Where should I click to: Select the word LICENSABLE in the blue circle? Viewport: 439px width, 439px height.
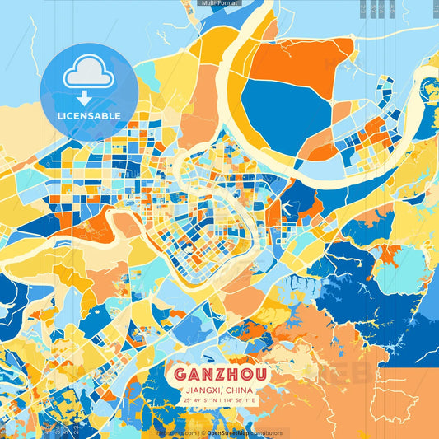pyautogui.click(x=89, y=116)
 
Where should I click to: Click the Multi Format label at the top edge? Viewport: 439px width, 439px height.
pyautogui.click(x=220, y=3)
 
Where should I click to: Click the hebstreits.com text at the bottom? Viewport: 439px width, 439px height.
pyautogui.click(x=175, y=432)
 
